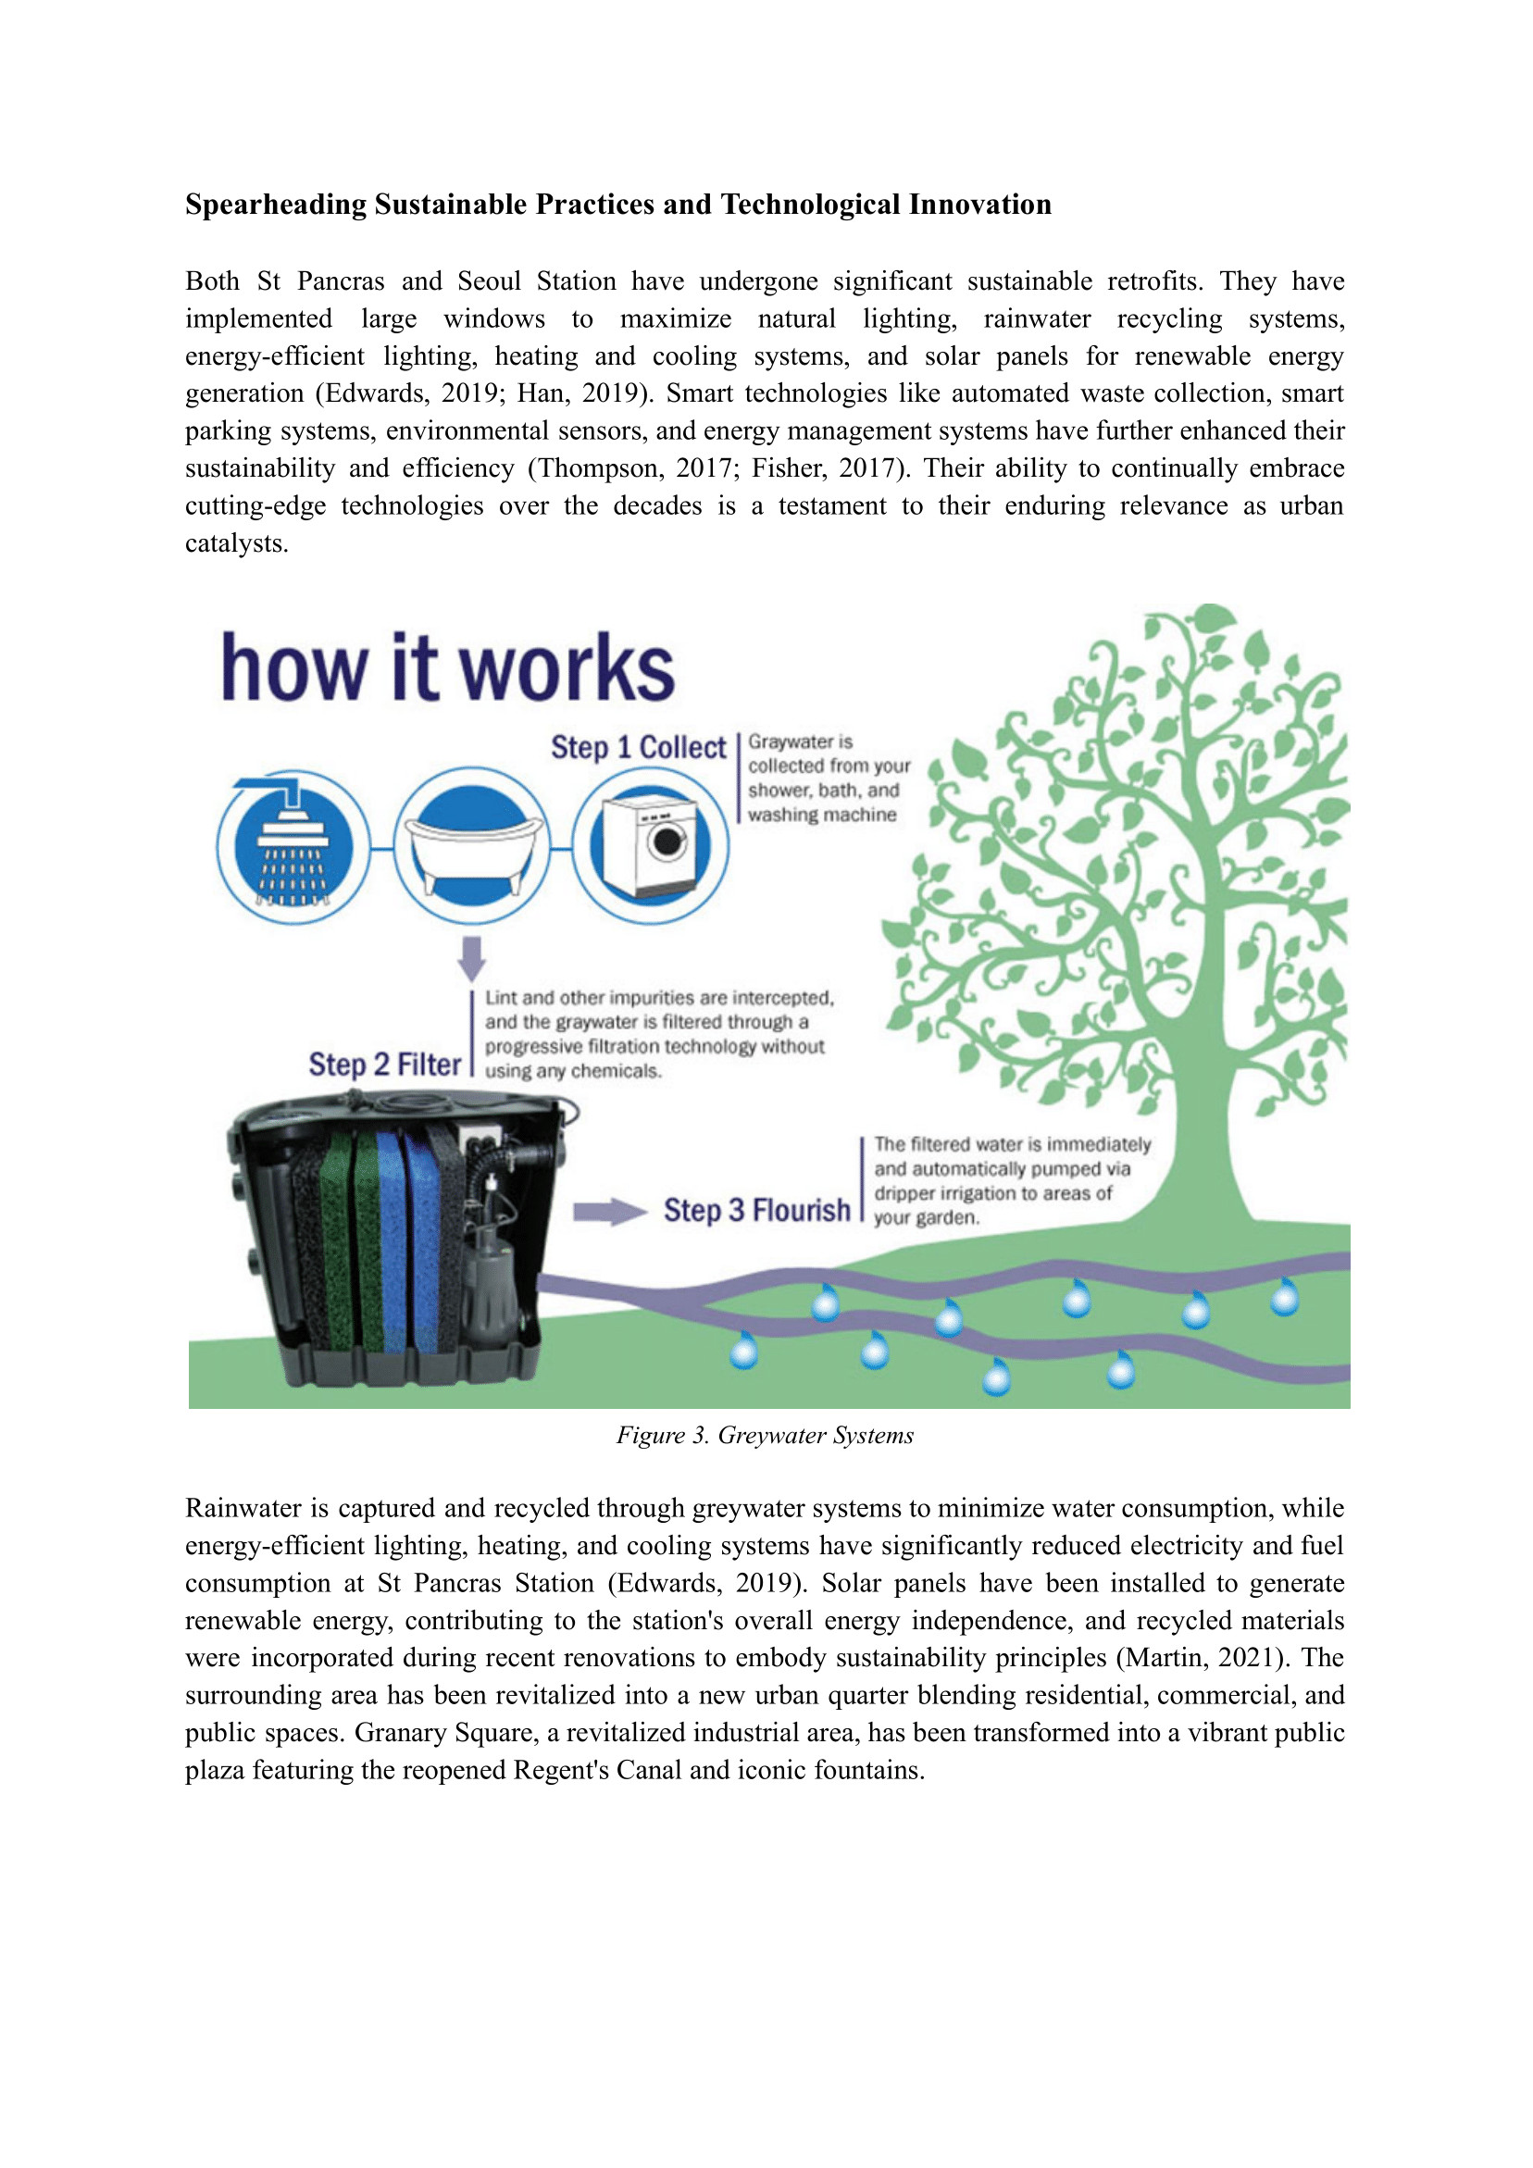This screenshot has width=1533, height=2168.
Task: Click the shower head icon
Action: click(x=293, y=845)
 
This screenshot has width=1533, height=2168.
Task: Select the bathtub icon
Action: click(x=472, y=845)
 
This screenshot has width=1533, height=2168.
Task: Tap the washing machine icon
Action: click(x=651, y=845)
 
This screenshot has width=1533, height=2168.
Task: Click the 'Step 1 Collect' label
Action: click(x=639, y=747)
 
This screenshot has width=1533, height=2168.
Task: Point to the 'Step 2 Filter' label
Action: click(x=384, y=1065)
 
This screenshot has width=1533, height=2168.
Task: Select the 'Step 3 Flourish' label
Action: click(x=756, y=1210)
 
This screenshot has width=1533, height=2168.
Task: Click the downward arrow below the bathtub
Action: click(x=471, y=957)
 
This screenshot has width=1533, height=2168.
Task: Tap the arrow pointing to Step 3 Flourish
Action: click(x=609, y=1211)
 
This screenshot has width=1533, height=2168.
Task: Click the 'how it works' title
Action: click(x=448, y=667)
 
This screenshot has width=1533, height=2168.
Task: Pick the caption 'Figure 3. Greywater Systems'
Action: click(x=765, y=1435)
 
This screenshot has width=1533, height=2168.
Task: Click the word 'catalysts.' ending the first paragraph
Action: click(x=236, y=543)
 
